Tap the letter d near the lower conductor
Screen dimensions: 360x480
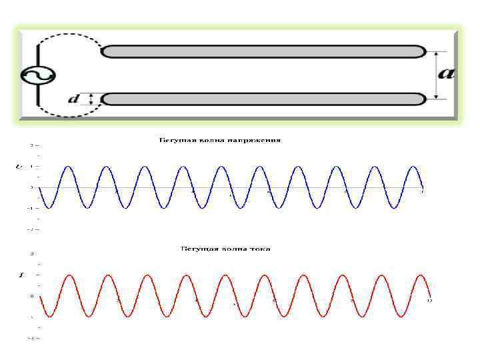(74, 99)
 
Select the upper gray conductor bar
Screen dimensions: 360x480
(263, 51)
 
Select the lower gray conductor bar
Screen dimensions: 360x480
(263, 99)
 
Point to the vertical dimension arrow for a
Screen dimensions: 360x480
(436, 75)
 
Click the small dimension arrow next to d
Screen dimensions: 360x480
(91, 99)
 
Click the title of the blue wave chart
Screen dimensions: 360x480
(219, 141)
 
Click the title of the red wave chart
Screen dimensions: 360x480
(226, 249)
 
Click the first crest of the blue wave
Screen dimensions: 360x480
(68, 167)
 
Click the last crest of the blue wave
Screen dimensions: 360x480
(413, 167)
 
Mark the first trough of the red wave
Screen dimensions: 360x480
(49, 315)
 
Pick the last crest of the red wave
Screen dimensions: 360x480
(420, 275)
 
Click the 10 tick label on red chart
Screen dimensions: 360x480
(429, 301)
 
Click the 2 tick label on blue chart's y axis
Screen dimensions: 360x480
(31, 144)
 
